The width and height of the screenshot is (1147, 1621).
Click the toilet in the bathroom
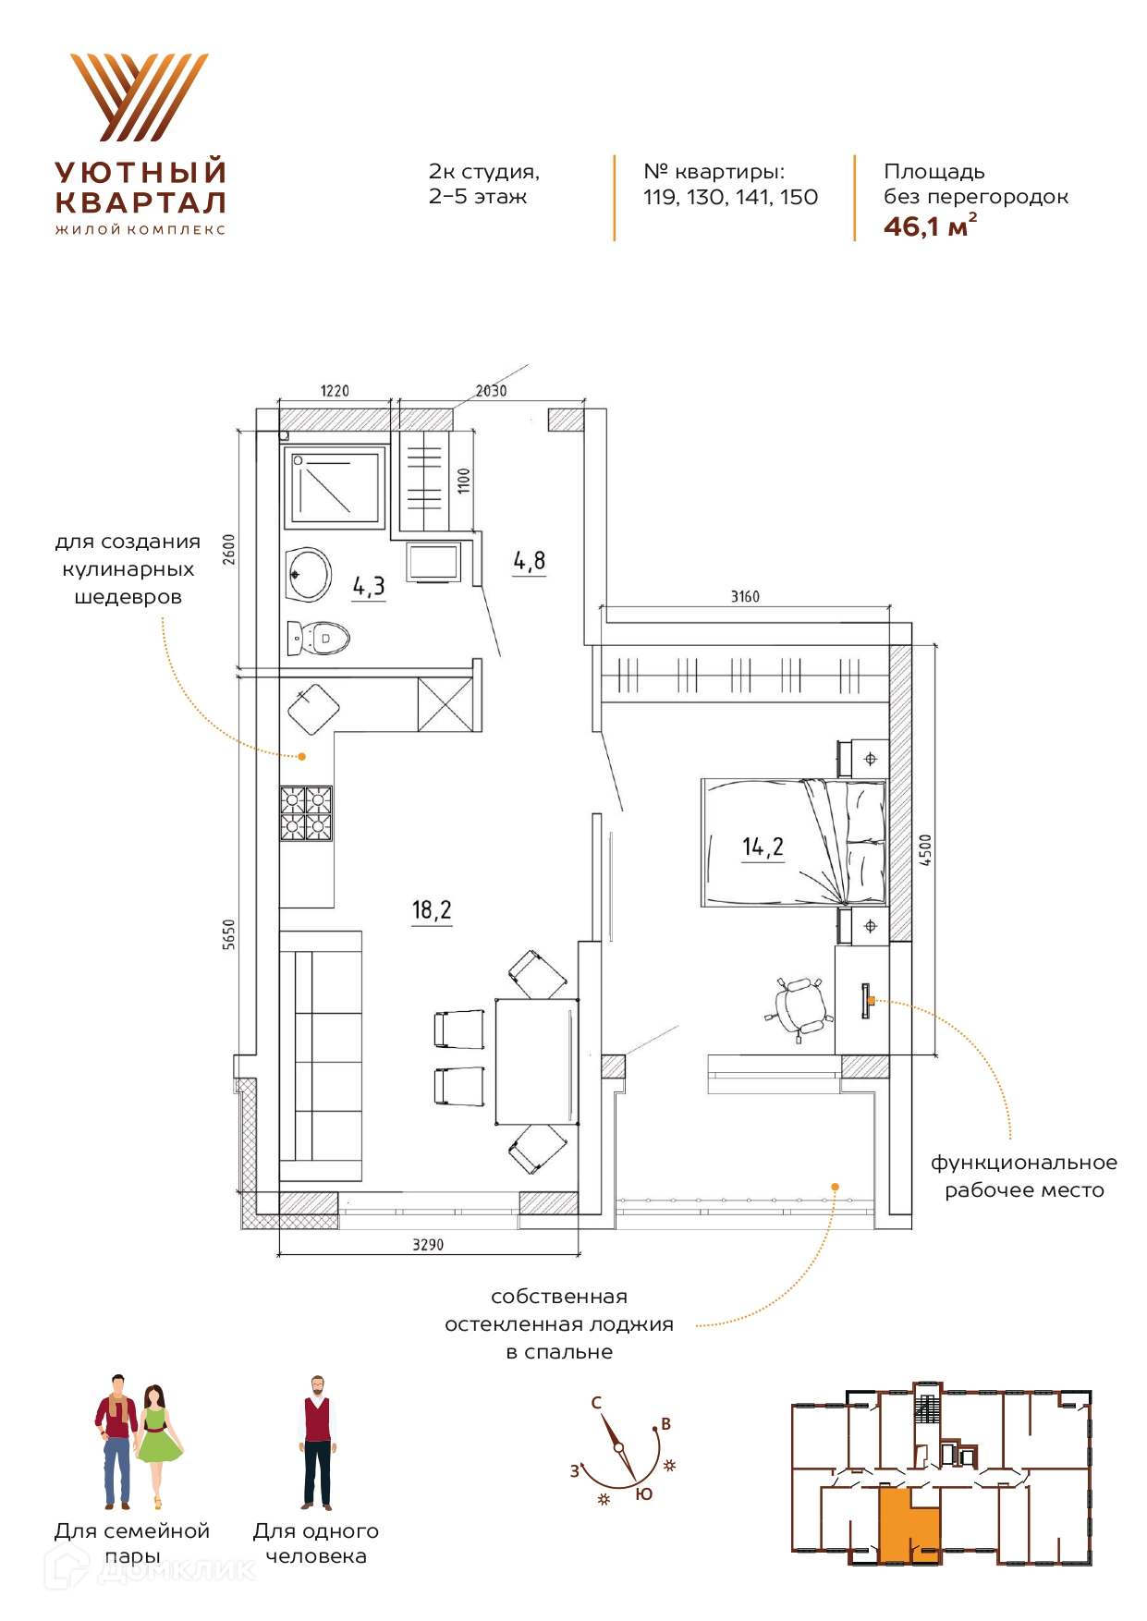pos(318,638)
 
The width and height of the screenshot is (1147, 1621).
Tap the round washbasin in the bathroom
pos(309,575)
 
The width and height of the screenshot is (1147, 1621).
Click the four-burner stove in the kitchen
pos(306,813)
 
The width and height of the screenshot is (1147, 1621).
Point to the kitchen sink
pos(313,709)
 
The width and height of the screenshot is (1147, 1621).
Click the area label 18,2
pos(432,910)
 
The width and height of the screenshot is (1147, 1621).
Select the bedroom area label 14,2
pos(763,847)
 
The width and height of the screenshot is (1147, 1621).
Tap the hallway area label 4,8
pos(530,561)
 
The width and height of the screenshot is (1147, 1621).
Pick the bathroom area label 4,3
pos(369,586)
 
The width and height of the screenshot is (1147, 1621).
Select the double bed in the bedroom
pos(793,842)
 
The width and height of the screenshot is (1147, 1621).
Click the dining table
pos(537,1061)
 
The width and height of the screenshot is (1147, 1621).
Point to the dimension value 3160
pos(745,597)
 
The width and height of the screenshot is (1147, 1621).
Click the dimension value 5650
pos(229,934)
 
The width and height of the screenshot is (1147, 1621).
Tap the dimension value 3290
pos(428,1245)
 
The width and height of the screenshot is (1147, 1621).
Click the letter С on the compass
pos(596,1402)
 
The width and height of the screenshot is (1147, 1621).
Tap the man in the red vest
pos(317,1443)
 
